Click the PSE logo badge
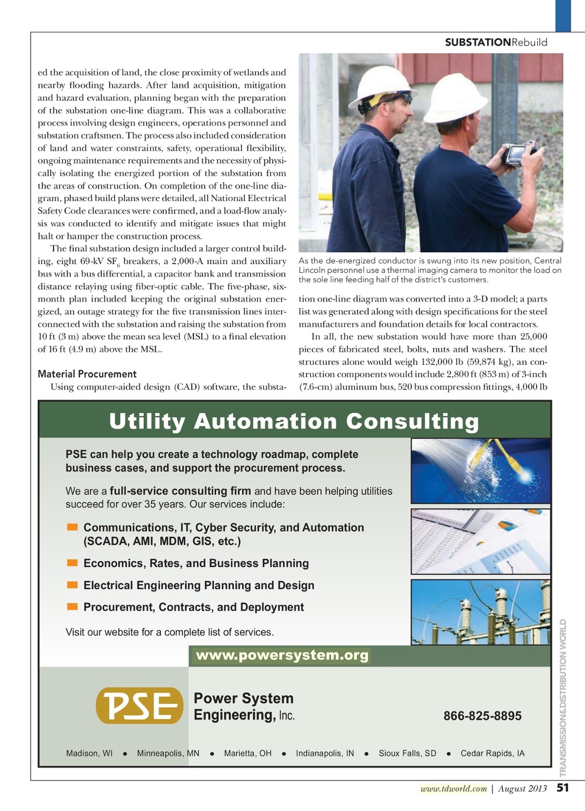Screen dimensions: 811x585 [x=139, y=705]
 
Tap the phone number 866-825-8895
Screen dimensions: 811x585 [x=482, y=716]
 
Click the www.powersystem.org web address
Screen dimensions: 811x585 [x=282, y=655]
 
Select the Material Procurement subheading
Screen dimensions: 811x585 [x=87, y=374]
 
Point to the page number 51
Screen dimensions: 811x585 [x=563, y=787]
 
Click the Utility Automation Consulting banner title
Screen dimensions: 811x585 [x=294, y=421]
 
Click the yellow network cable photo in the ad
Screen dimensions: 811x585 [x=481, y=470]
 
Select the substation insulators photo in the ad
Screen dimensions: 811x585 [x=481, y=612]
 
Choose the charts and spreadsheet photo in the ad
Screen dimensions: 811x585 [x=481, y=542]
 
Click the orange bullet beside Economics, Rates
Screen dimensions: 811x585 [x=73, y=563]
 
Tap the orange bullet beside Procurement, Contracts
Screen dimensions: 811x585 [x=73, y=606]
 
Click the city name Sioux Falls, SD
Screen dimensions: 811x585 [x=407, y=753]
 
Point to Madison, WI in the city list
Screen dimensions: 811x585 [x=89, y=753]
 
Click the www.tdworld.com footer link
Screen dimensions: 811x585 [x=453, y=789]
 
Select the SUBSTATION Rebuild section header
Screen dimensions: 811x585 [x=496, y=42]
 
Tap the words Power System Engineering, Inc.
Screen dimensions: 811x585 [x=244, y=707]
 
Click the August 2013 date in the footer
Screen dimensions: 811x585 [x=522, y=789]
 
